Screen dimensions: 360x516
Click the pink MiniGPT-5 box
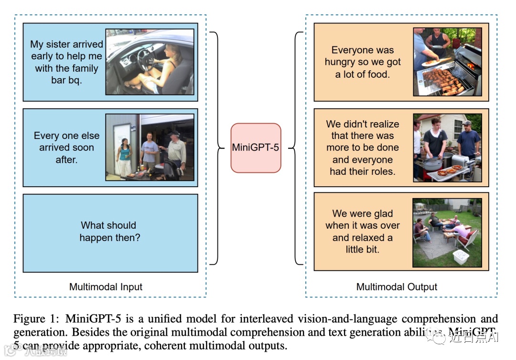(256, 148)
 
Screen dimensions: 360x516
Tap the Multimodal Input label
(106, 287)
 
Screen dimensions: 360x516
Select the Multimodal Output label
(397, 287)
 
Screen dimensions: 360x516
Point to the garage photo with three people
(150, 147)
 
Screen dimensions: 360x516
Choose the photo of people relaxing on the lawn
(448, 232)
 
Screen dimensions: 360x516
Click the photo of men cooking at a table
(448, 148)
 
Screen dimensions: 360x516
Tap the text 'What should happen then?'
(110, 231)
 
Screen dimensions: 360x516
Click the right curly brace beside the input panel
(215, 148)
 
